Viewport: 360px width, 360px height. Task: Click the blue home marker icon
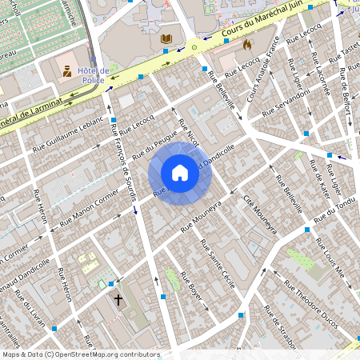click(x=180, y=173)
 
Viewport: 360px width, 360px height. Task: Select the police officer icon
click(x=66, y=70)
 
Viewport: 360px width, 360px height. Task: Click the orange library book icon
click(x=166, y=38)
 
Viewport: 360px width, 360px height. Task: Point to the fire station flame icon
click(x=246, y=46)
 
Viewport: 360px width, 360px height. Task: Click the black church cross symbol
click(x=118, y=300)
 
